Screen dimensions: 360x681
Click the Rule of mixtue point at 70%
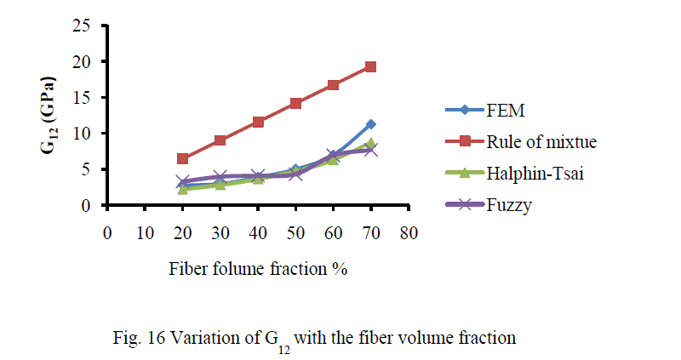click(x=370, y=66)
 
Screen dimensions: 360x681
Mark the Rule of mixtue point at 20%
click(x=183, y=158)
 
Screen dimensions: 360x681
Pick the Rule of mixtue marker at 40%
click(x=258, y=122)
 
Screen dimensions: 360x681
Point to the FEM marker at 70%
click(x=370, y=124)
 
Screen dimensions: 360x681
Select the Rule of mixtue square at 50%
click(x=295, y=103)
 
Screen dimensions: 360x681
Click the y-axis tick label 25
click(x=82, y=26)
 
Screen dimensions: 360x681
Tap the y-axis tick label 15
click(x=82, y=97)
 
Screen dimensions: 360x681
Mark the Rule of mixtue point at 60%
click(x=333, y=85)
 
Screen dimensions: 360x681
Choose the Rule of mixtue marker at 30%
click(x=220, y=140)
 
